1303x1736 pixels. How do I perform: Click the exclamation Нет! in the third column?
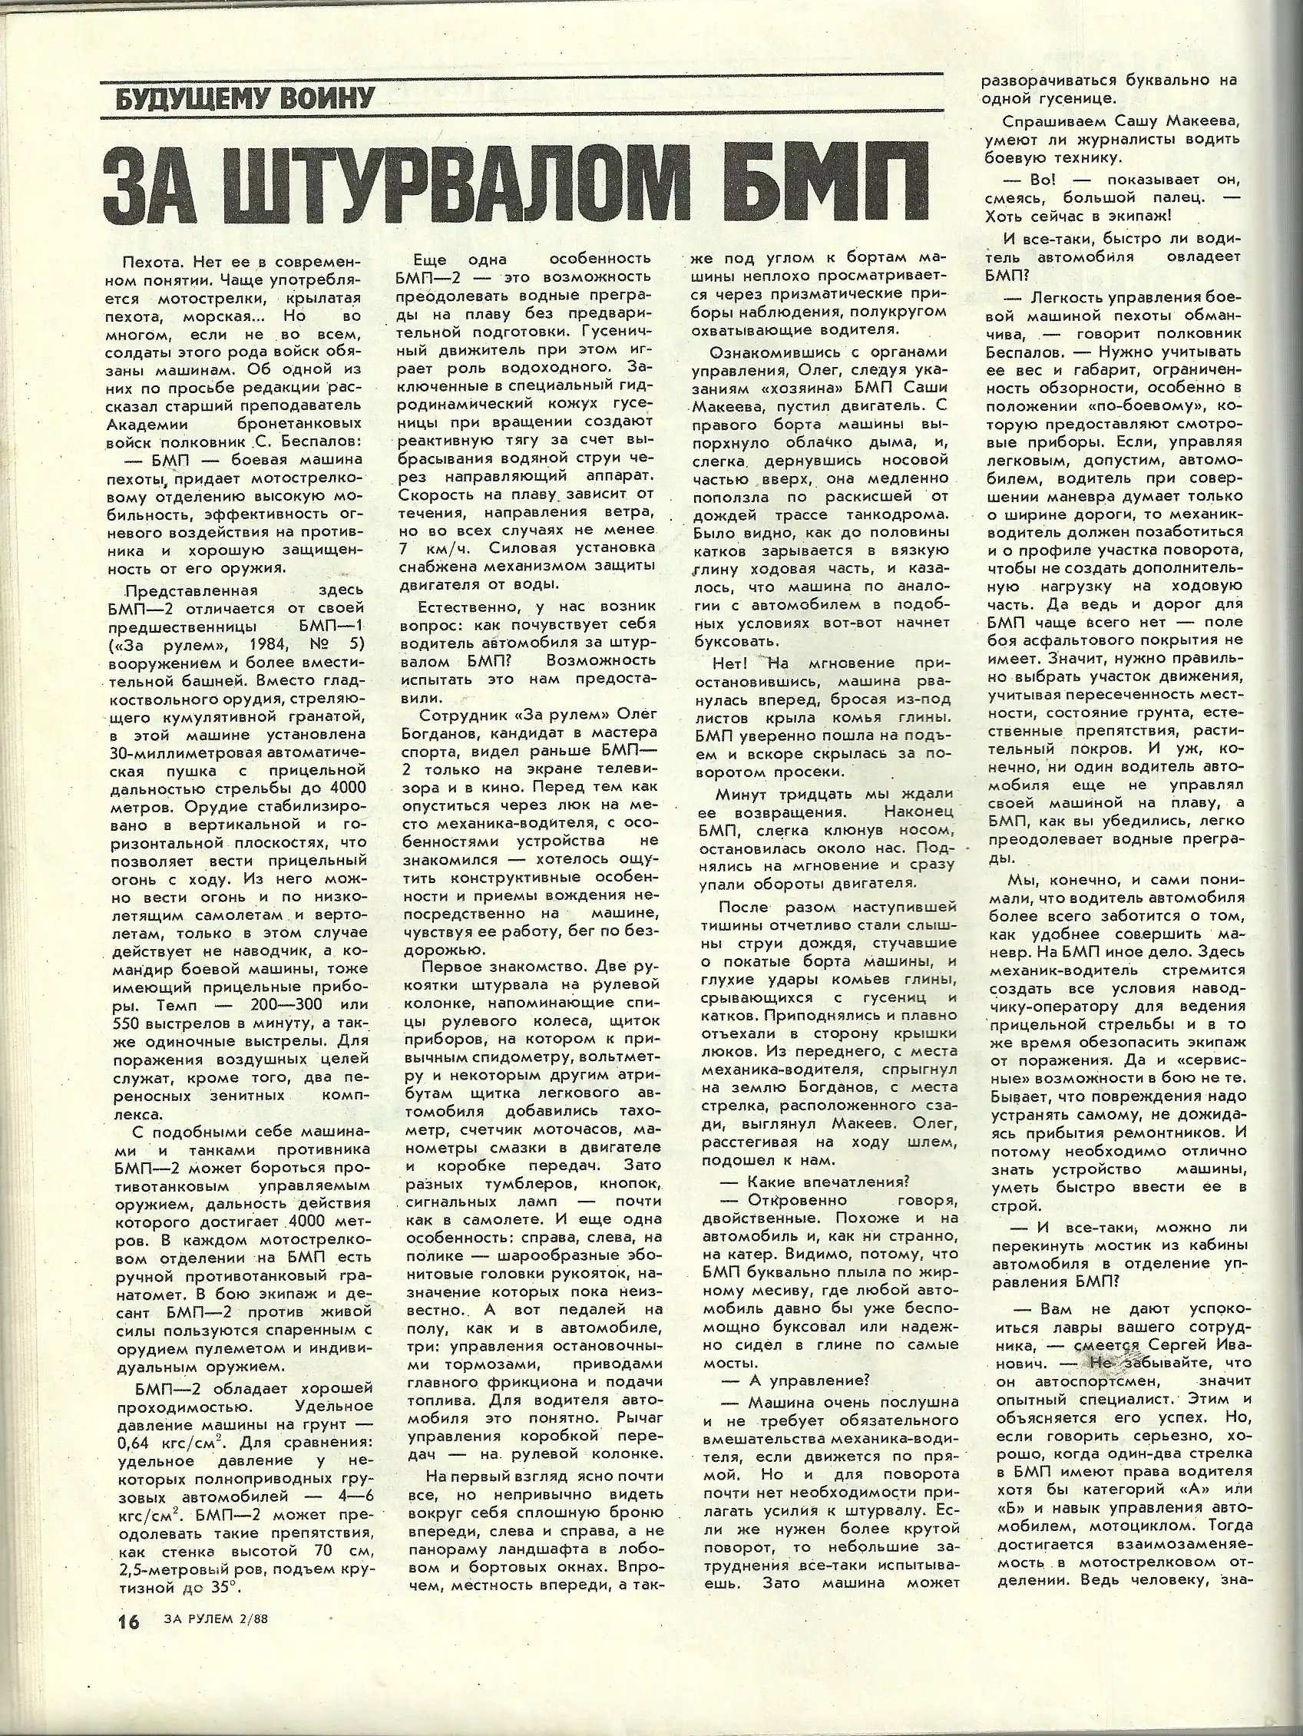coord(733,663)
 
